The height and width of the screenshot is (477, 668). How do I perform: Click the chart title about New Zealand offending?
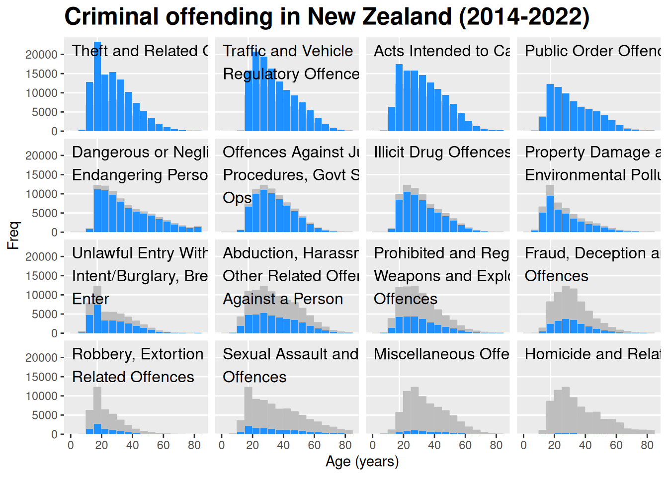click(x=327, y=17)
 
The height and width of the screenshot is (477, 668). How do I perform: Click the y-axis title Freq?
click(x=13, y=235)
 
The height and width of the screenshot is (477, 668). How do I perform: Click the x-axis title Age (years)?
click(x=362, y=462)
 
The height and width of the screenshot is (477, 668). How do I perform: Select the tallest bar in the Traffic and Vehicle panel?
click(x=256, y=92)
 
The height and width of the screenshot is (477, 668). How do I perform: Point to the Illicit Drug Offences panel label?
click(x=442, y=152)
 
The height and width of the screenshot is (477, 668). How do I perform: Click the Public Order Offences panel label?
click(x=592, y=51)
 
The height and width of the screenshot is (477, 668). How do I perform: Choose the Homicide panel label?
click(x=592, y=354)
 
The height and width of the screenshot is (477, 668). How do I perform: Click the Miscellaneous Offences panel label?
click(x=441, y=354)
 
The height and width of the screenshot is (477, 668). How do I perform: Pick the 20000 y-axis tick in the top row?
click(x=42, y=55)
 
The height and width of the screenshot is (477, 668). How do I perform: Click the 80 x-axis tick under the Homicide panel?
click(x=647, y=445)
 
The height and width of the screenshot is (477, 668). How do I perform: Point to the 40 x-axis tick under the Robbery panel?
click(x=132, y=445)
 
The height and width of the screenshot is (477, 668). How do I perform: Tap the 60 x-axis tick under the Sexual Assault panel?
click(x=314, y=445)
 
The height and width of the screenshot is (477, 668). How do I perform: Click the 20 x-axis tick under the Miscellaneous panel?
click(x=404, y=445)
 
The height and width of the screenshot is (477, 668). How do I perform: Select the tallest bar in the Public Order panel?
click(x=550, y=108)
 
